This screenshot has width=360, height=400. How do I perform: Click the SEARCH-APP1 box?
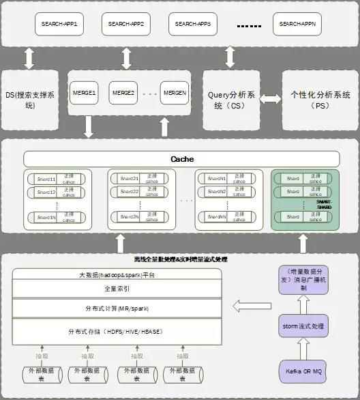pyautogui.click(x=59, y=25)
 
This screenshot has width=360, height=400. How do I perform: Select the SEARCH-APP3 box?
pyautogui.click(x=193, y=25)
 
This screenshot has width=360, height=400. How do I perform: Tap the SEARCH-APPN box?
pyautogui.click(x=297, y=25)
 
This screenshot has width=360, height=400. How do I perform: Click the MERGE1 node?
pyautogui.click(x=84, y=93)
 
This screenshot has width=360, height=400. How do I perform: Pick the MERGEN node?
pyautogui.click(x=174, y=93)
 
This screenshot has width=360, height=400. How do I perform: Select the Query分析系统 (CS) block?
pyautogui.click(x=230, y=100)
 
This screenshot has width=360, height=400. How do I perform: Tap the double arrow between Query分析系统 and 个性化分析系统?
pyautogui.click(x=271, y=100)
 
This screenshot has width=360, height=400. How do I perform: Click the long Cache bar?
pyautogui.click(x=181, y=159)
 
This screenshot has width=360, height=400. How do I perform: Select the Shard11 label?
pyautogui.click(x=46, y=178)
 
